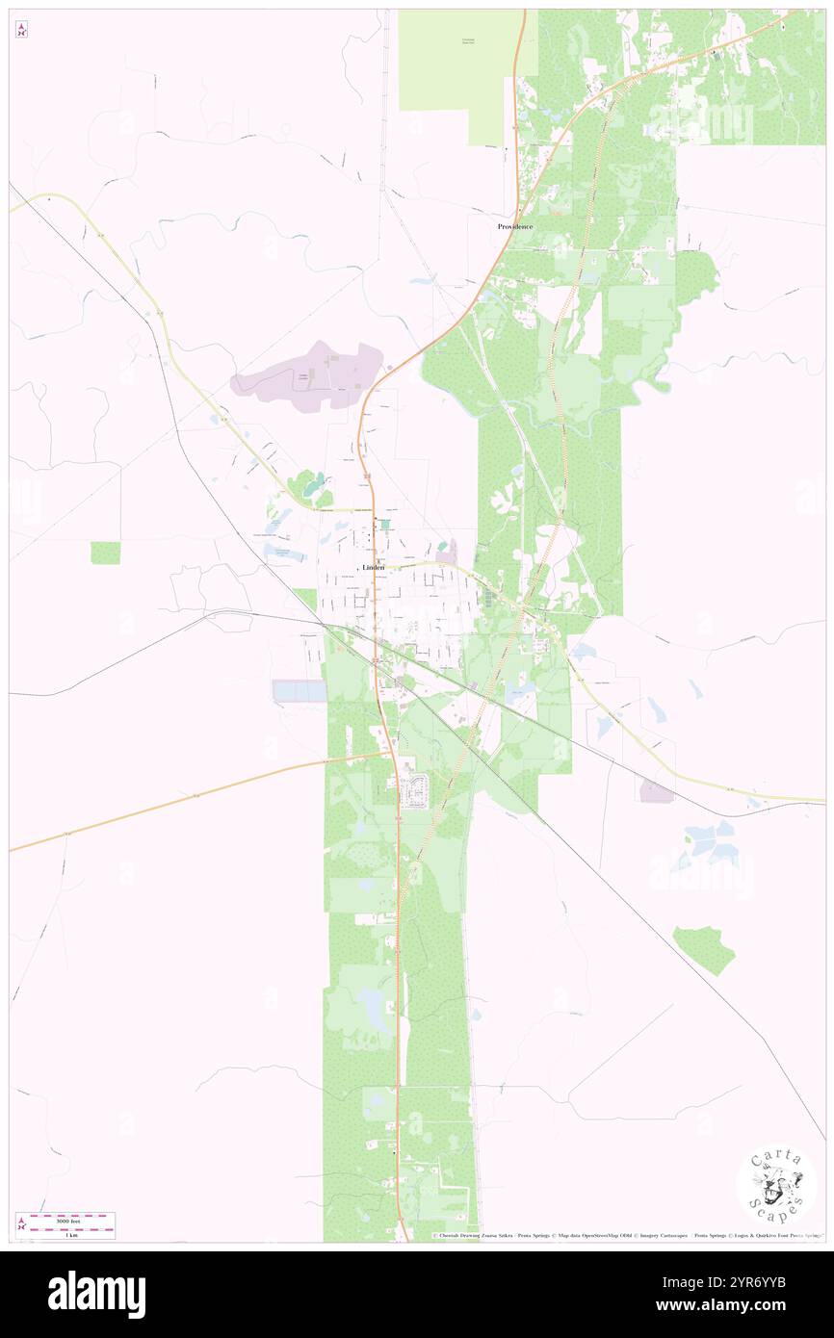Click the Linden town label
(373, 568)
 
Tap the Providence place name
(515, 226)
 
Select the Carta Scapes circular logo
(776, 1185)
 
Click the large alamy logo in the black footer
(96, 1295)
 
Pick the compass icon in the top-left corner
(21, 29)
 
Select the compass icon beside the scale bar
(21, 1225)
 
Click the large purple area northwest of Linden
(308, 377)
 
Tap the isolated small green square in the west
(106, 553)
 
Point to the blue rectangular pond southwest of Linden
(300, 691)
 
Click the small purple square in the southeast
(657, 790)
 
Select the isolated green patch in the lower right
(705, 949)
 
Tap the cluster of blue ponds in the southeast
(711, 842)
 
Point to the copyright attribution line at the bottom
(626, 1236)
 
